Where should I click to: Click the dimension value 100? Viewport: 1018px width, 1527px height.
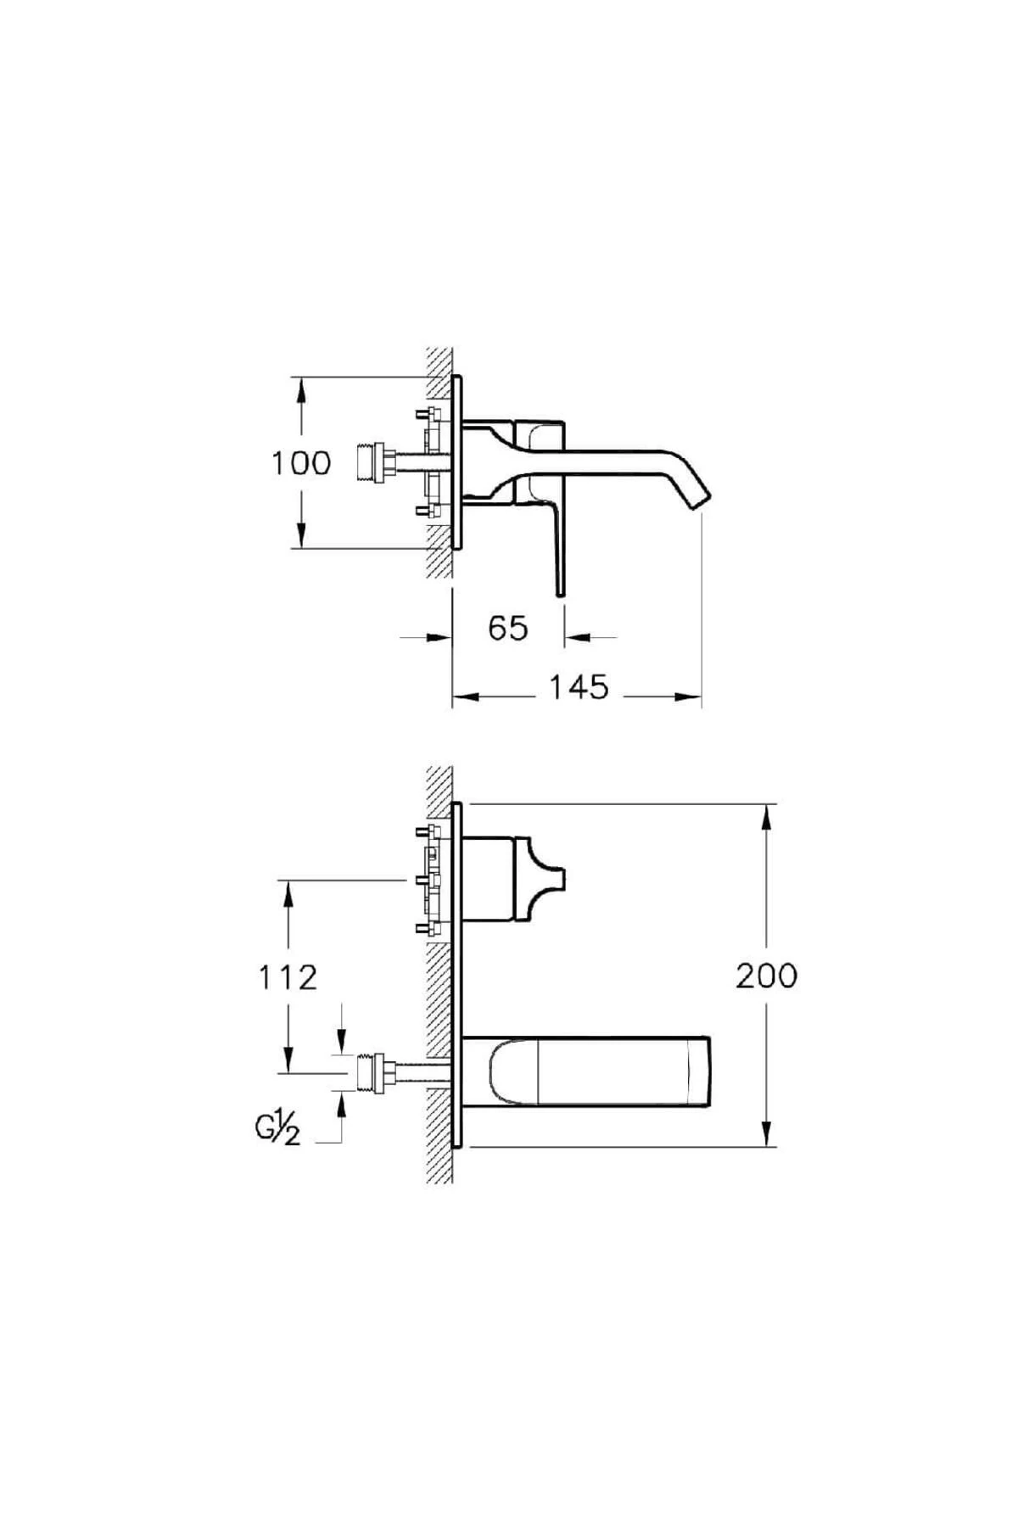point(300,463)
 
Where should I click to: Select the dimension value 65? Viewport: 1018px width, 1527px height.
point(508,629)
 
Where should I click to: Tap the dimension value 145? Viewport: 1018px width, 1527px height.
point(579,687)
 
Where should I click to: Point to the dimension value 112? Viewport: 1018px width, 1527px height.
point(288,977)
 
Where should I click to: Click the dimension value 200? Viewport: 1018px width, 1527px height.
point(767,976)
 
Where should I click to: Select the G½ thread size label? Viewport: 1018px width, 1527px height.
point(277,1130)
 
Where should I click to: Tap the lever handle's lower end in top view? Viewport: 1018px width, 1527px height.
point(560,590)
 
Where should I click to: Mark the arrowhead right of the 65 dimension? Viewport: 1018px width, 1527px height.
point(579,636)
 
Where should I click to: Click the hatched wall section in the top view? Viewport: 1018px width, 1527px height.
point(439,462)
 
